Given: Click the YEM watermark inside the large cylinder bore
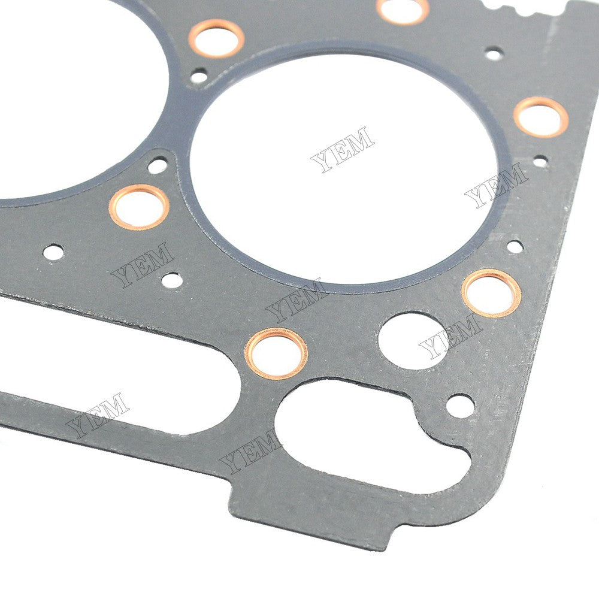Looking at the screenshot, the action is coord(343,149).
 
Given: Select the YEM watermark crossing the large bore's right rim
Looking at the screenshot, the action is coord(497,186).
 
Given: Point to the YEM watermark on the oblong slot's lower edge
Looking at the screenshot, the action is coord(98,415).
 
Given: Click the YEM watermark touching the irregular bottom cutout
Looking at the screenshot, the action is coord(250,452).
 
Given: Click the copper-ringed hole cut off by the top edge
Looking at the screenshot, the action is coord(403,10).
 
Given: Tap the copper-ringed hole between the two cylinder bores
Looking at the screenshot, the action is coord(216,38).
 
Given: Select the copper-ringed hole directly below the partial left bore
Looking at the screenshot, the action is coord(139,207).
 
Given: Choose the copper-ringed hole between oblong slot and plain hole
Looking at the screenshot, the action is coord(276,354).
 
